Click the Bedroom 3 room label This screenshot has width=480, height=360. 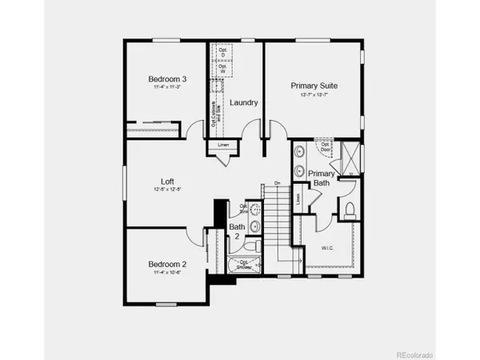tap(168, 79)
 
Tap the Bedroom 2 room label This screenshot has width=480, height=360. tap(167, 264)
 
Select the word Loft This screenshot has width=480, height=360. tap(167, 182)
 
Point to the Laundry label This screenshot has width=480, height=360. tap(242, 103)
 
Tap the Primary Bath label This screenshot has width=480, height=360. tap(322, 178)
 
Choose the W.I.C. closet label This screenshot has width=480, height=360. tap(327, 246)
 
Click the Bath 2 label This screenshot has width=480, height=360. tap(238, 232)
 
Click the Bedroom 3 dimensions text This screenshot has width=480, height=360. tap(167, 89)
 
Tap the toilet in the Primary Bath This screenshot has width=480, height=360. tap(351, 210)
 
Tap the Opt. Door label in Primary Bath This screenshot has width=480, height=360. tap(325, 146)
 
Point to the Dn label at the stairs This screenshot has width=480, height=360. tap(277, 183)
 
